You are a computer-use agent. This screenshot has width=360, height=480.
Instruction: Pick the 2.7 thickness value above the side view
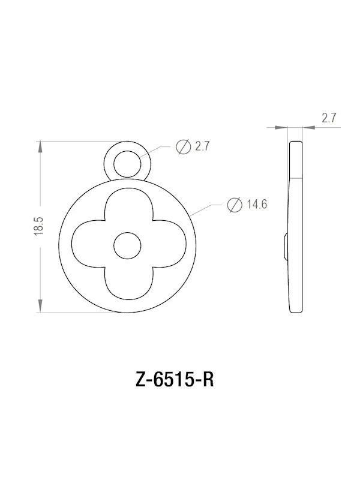point(329,118)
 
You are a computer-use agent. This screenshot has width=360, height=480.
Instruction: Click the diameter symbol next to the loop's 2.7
point(184,146)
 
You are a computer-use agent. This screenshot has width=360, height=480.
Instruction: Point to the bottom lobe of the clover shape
point(127,282)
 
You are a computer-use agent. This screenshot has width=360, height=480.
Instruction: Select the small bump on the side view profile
point(284,246)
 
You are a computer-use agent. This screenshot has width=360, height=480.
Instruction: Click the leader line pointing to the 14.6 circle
point(204,209)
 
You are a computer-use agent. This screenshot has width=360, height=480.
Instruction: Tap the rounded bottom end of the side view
point(296,310)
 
